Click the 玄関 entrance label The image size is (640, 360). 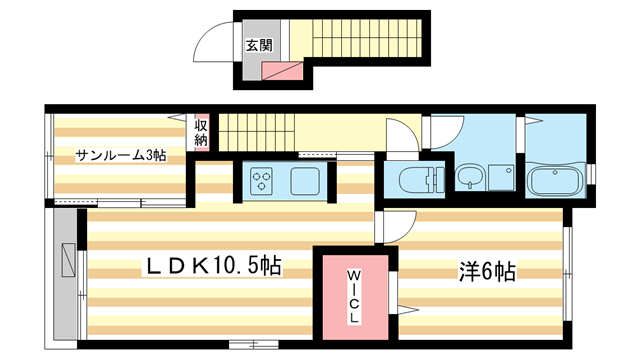point(258,45)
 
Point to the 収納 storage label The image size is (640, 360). point(201,133)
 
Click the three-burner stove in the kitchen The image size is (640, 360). point(263,181)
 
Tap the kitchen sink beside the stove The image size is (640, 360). point(304,181)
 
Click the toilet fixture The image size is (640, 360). point(419,181)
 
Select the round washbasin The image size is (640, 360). point(471,181)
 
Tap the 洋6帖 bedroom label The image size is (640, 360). point(487,270)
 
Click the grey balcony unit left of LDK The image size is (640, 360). point(66,259)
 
